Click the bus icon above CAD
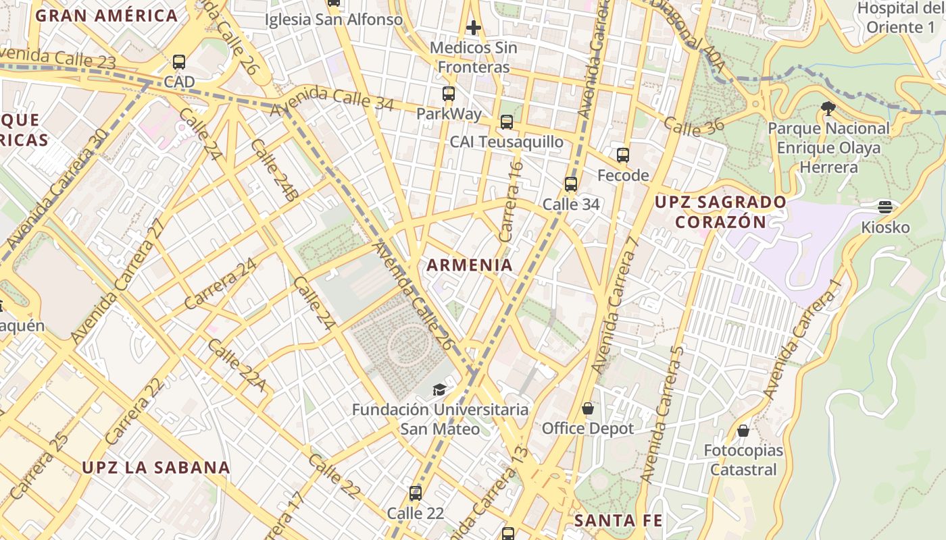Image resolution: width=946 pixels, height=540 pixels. (179, 62)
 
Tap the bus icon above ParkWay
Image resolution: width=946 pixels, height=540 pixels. (449, 94)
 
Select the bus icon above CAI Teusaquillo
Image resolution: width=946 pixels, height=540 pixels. (506, 122)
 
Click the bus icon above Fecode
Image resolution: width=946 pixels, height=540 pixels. (623, 155)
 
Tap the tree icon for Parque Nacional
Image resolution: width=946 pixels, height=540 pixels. (828, 108)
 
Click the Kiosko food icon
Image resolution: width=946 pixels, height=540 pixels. (885, 207)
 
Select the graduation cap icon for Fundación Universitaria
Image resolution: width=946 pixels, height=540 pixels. (439, 389)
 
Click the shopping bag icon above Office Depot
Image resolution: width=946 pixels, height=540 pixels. (588, 408)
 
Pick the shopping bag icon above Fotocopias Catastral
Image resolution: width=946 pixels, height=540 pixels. (743, 430)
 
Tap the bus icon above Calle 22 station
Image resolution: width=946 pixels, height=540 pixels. (416, 493)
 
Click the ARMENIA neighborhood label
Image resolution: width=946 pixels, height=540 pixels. (470, 265)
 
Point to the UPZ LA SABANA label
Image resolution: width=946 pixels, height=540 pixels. (156, 467)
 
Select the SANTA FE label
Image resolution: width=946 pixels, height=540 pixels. (618, 520)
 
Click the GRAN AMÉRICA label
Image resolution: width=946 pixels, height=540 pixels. (107, 16)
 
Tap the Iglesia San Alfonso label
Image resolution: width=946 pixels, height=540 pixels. (333, 20)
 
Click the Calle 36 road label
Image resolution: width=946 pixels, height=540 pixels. (693, 126)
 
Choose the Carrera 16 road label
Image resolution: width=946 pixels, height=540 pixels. (510, 201)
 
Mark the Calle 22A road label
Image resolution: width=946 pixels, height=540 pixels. (236, 365)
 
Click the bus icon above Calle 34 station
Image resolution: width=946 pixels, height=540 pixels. (571, 184)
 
